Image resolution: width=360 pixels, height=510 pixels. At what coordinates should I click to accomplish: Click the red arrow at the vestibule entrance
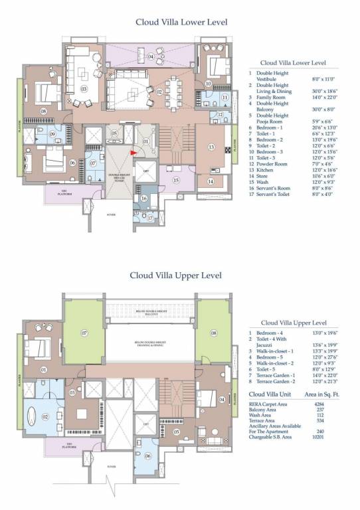(135, 152)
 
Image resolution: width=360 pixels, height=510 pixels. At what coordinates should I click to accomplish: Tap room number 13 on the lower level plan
(211, 147)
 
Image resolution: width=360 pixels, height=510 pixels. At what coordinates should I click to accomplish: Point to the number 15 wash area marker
(176, 179)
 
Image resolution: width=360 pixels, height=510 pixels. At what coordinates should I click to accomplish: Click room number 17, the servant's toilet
(151, 217)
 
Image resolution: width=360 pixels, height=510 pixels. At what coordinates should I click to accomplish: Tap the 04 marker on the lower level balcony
(151, 57)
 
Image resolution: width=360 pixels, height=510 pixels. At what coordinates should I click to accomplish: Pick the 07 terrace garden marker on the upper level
(85, 331)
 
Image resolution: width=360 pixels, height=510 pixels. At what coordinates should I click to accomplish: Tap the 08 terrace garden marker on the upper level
(214, 332)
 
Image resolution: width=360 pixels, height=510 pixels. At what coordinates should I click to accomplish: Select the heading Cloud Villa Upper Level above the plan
(175, 275)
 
